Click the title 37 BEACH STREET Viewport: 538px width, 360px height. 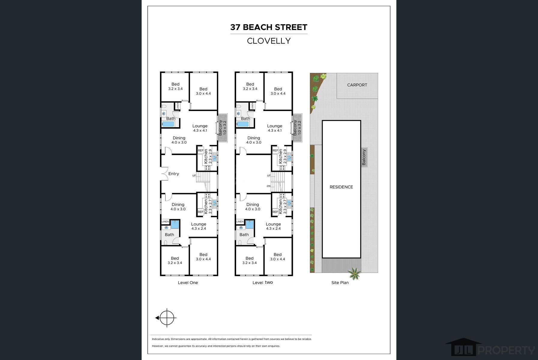(269, 27)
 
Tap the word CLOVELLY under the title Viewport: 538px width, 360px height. (269, 41)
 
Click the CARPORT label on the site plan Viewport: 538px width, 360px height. (357, 85)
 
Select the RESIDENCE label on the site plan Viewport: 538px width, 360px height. (341, 187)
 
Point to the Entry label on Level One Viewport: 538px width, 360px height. (173, 174)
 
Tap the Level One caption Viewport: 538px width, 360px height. (188, 283)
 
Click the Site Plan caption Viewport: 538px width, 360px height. (340, 283)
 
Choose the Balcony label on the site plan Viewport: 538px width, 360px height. (364, 157)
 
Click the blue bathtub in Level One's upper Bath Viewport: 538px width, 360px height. (168, 124)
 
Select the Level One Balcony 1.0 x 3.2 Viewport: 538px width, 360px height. (222, 127)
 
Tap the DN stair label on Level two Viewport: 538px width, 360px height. (269, 186)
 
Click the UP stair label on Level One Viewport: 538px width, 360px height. (194, 175)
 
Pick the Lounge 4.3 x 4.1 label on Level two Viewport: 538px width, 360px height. (275, 128)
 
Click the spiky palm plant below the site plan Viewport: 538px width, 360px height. (354, 274)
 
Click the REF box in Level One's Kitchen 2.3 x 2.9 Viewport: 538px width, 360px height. (200, 151)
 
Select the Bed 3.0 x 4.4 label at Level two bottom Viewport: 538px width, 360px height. (278, 257)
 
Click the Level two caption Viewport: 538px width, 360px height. (263, 283)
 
